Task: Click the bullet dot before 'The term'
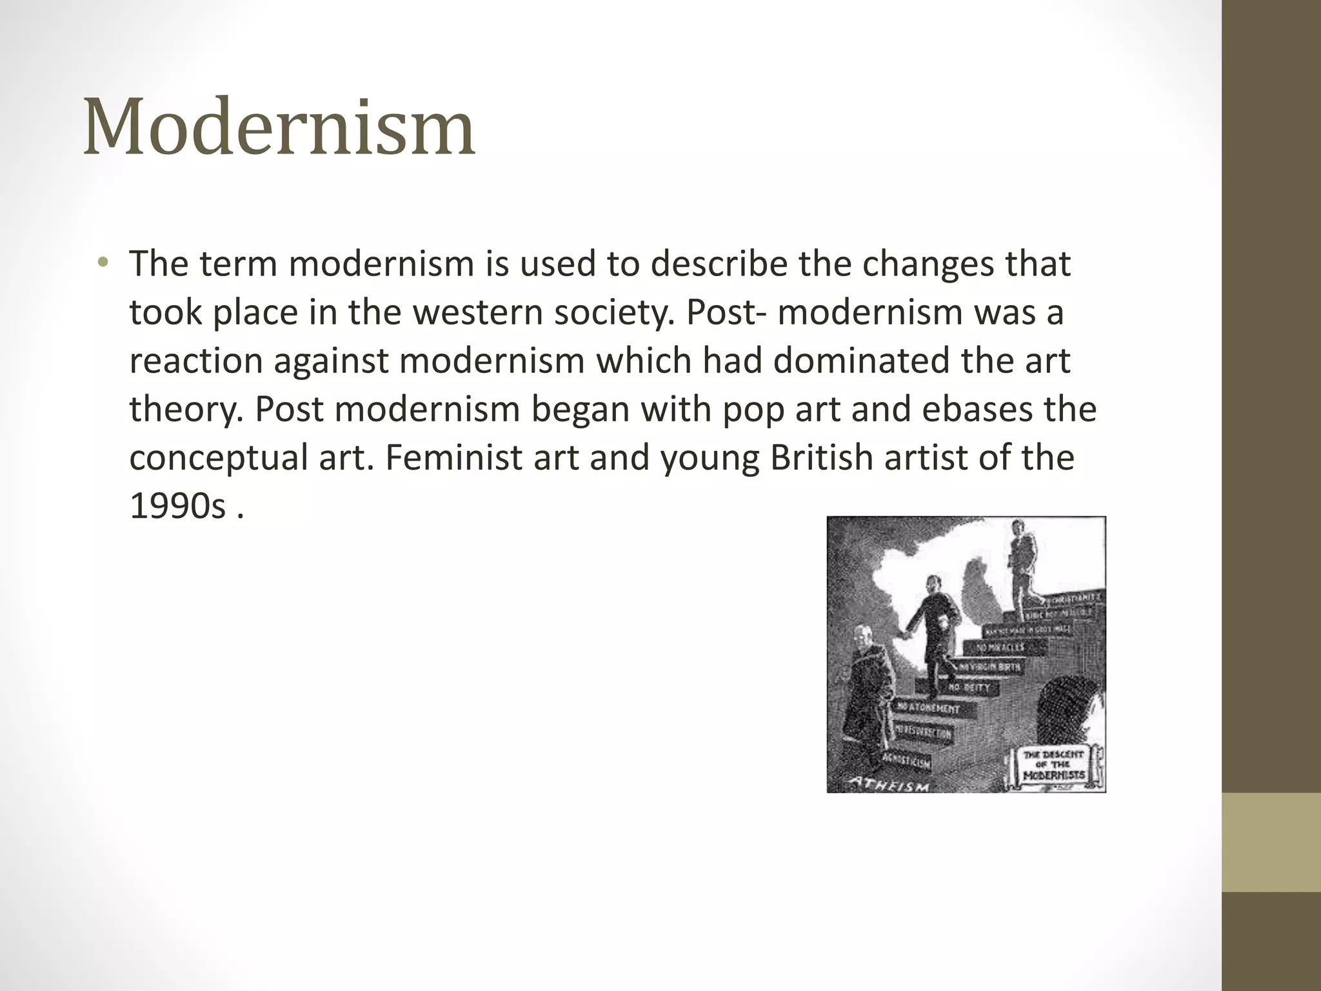[x=103, y=263]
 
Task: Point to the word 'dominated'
[x=861, y=361]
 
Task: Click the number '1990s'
[x=177, y=506]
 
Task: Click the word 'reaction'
[x=196, y=361]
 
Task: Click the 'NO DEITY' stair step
[x=969, y=688]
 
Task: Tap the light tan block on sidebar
[x=1271, y=841]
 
